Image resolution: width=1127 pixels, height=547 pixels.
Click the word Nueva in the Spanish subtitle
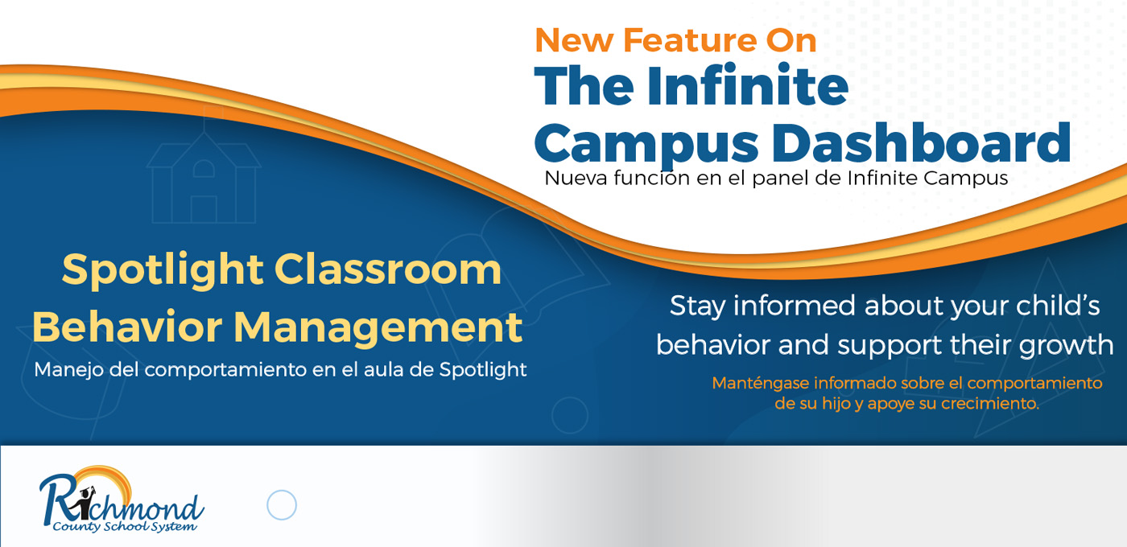[x=576, y=178]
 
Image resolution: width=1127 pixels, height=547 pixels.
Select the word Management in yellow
[x=378, y=329]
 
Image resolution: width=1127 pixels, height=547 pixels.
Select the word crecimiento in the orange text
[x=989, y=404]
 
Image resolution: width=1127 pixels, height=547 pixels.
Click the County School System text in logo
[x=125, y=526]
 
